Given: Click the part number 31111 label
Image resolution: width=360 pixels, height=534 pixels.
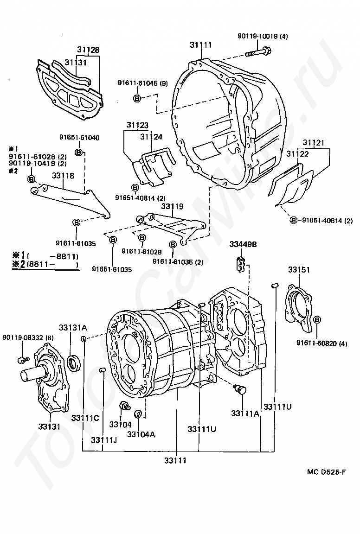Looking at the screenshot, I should (x=200, y=44).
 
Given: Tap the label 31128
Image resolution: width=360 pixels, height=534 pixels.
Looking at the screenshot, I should (x=88, y=50).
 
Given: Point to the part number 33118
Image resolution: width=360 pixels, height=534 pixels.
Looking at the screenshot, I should (x=63, y=176).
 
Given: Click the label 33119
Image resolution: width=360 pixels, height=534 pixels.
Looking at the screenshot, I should (x=172, y=206).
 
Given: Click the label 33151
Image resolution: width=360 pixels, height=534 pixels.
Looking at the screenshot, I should (x=299, y=270).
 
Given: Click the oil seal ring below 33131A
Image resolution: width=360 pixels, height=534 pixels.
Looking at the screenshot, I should (x=74, y=362).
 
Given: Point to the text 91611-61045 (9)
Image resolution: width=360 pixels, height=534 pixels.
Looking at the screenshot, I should (x=142, y=83).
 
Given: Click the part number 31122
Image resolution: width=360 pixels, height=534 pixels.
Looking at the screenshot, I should (x=297, y=154).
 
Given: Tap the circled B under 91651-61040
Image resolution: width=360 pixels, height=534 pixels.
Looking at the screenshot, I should (x=78, y=153).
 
